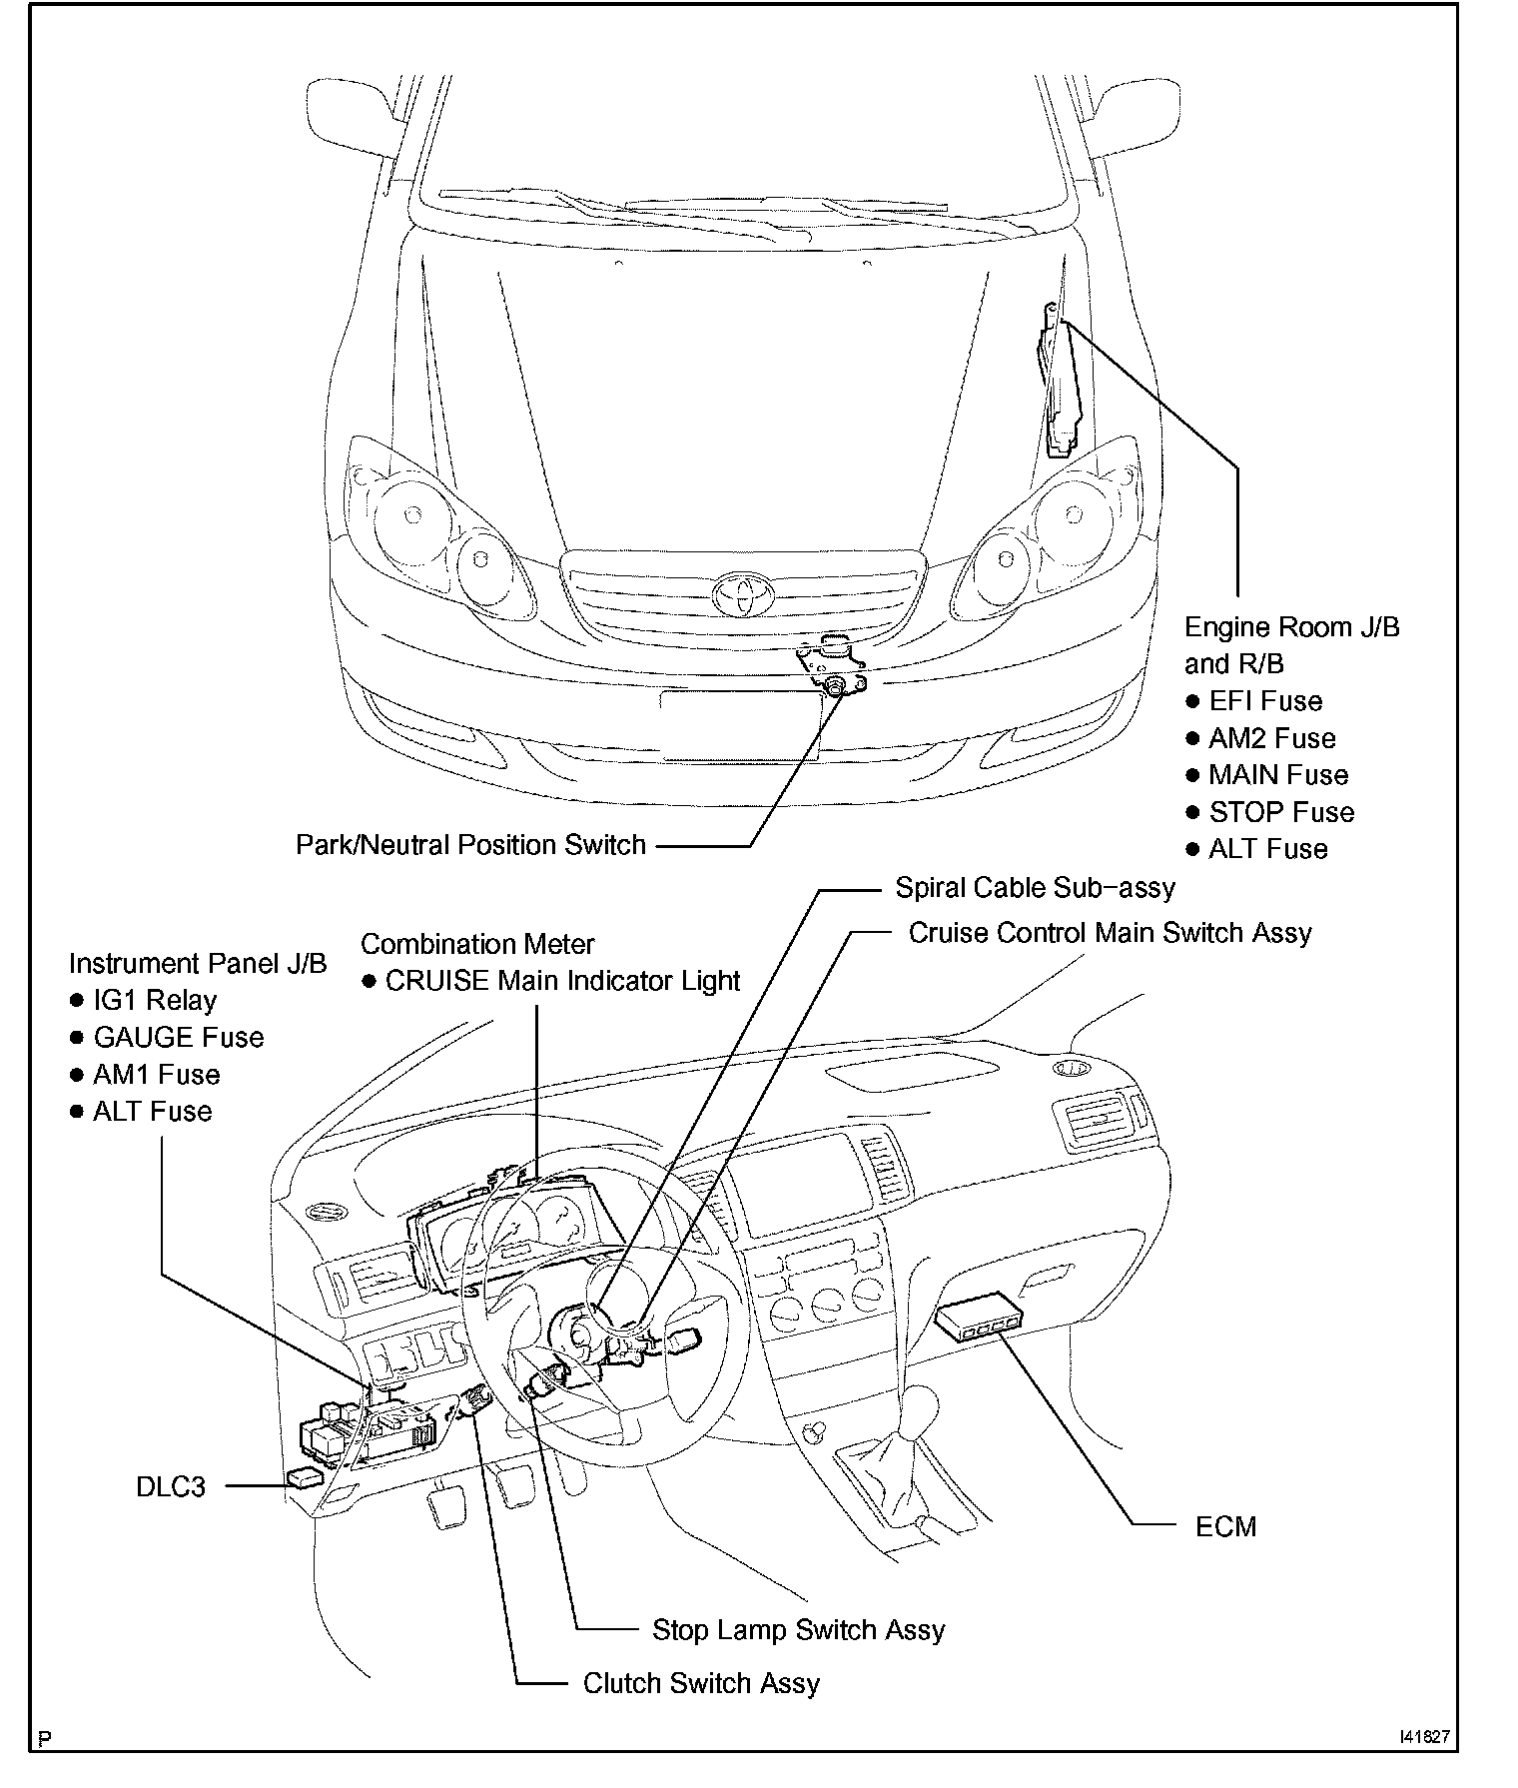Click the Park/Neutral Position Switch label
click(x=470, y=844)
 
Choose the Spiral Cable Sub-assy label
click(x=1035, y=887)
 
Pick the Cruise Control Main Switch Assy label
click(x=1110, y=932)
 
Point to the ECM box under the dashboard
click(x=979, y=1318)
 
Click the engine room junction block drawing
click(x=1059, y=385)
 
